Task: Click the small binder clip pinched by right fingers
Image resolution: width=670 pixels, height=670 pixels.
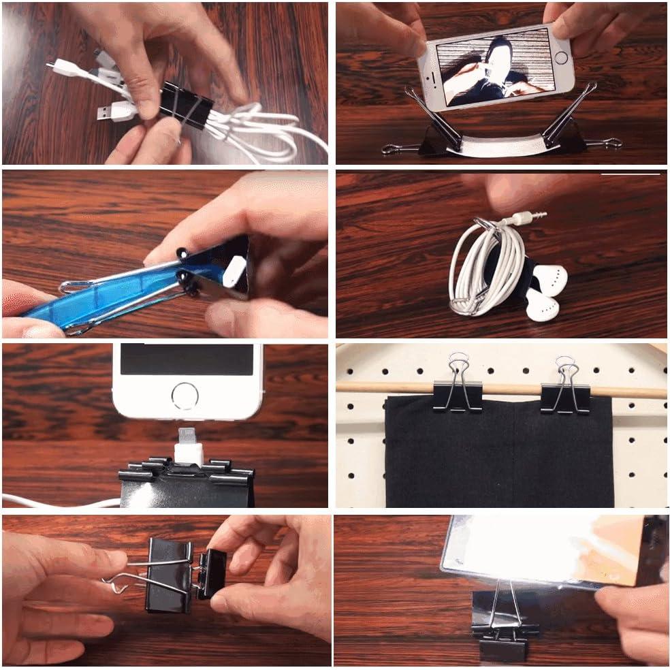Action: pyautogui.click(x=212, y=573)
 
